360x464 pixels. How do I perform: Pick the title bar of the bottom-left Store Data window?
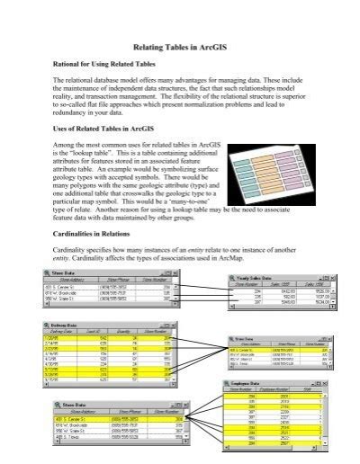click(x=90, y=407)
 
